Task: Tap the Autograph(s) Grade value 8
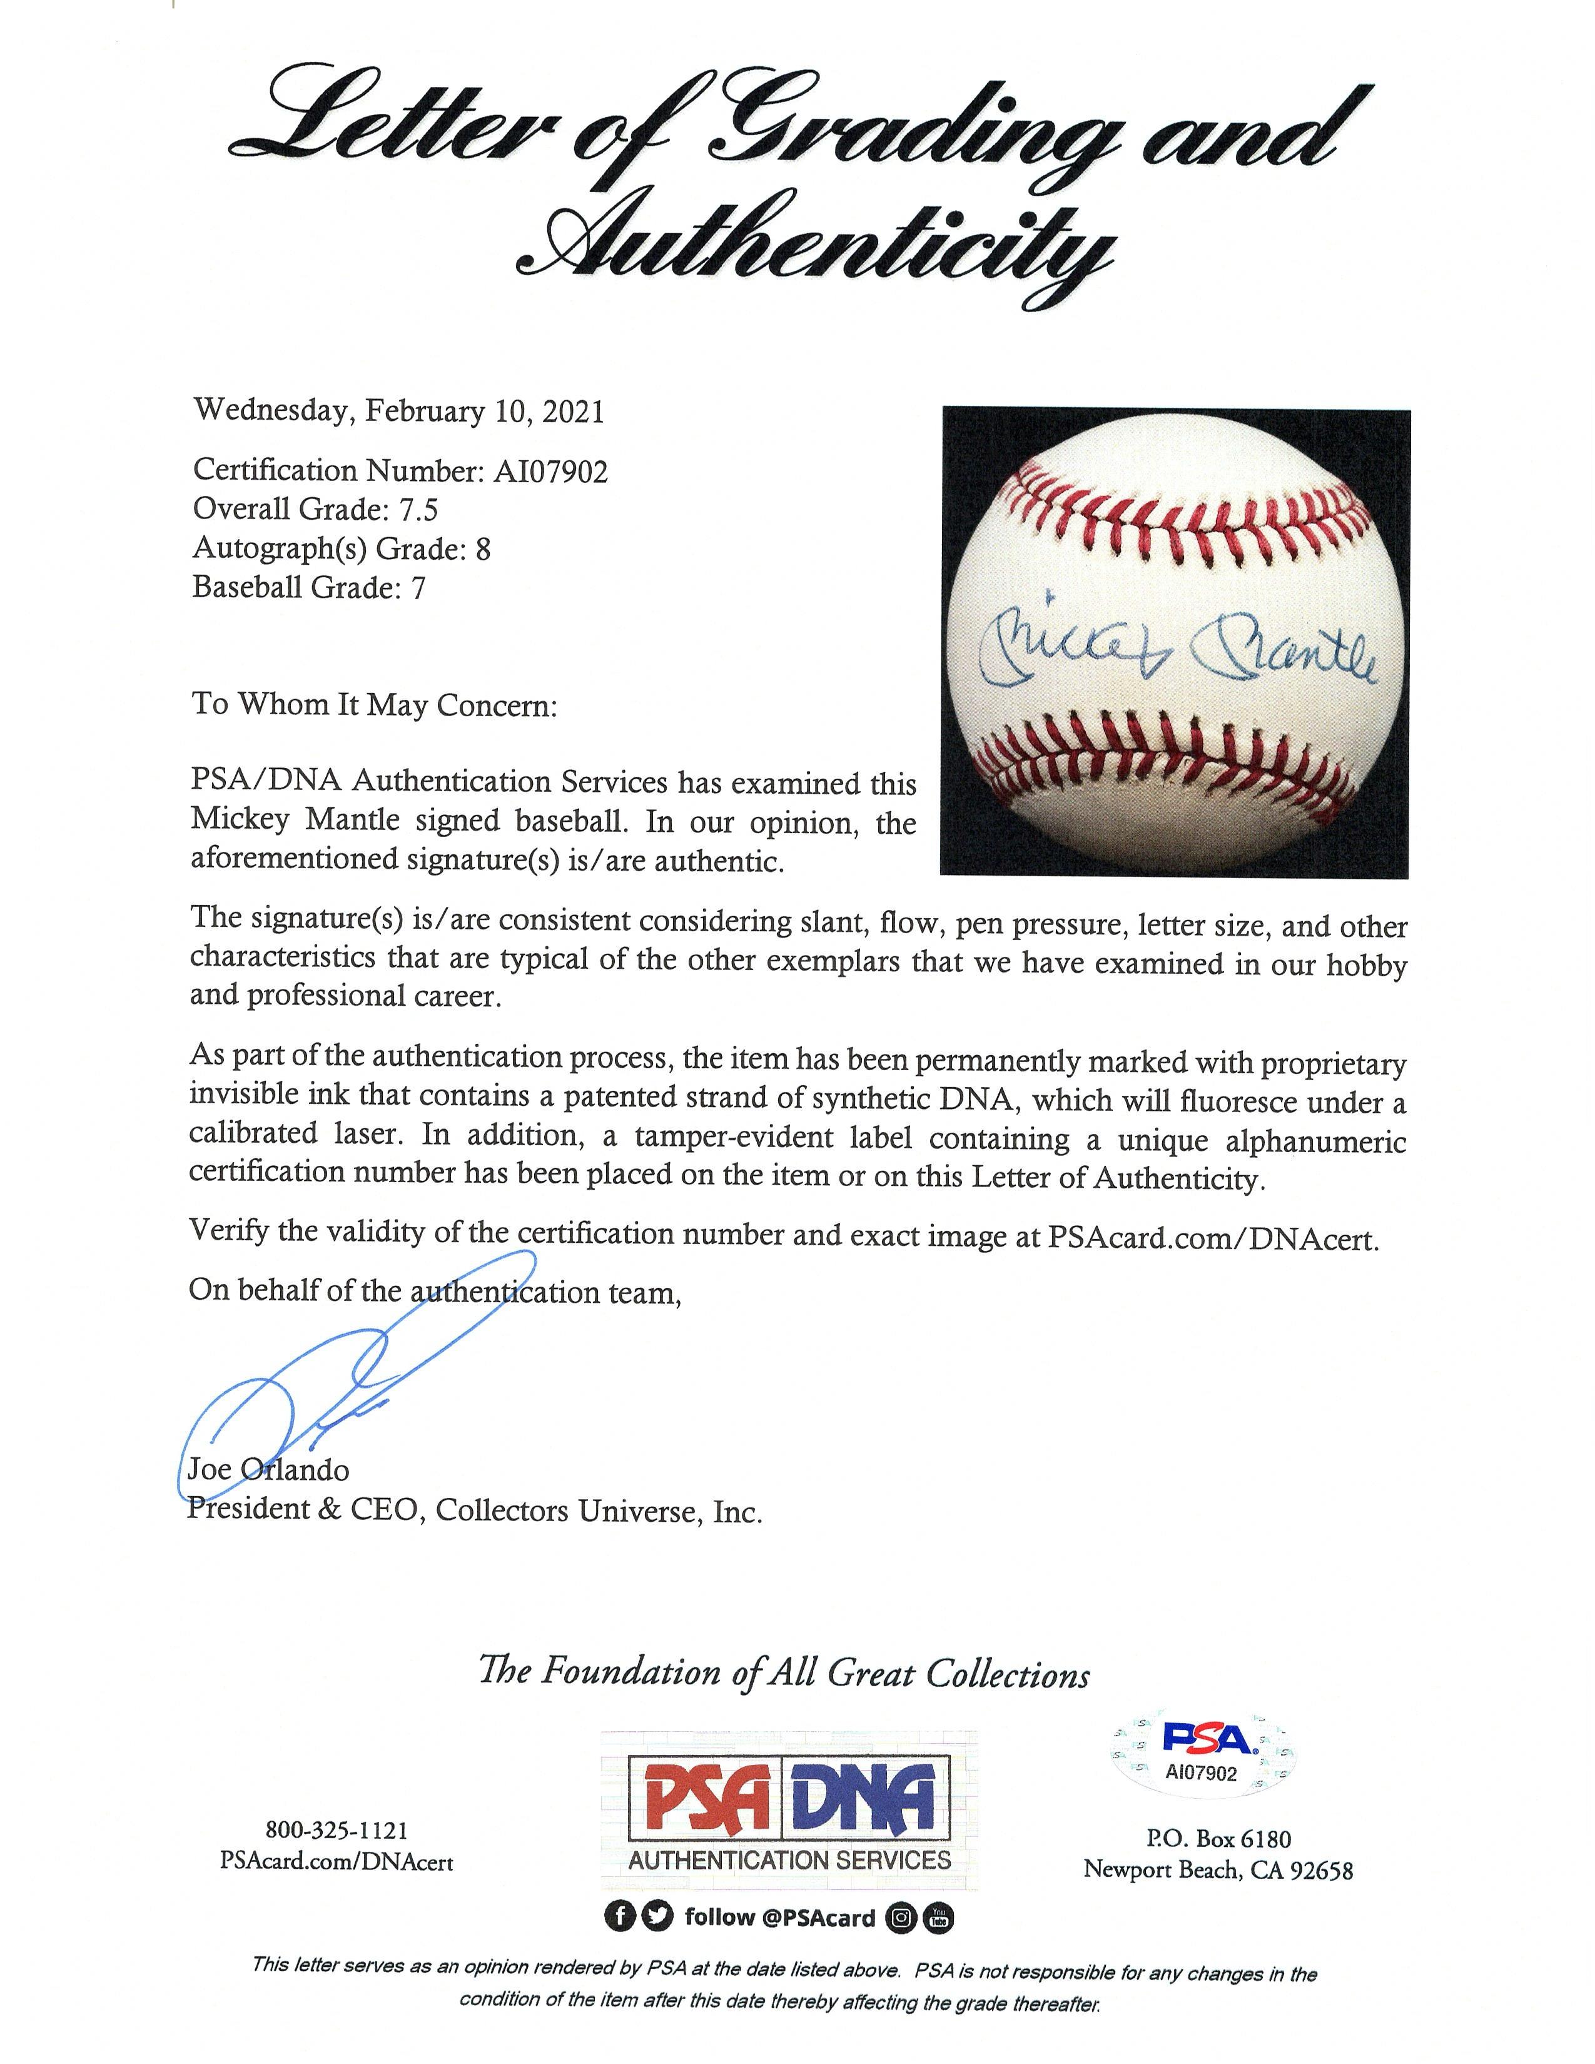tap(483, 549)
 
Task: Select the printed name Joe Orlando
tap(268, 1470)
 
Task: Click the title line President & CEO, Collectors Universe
tap(474, 1510)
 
